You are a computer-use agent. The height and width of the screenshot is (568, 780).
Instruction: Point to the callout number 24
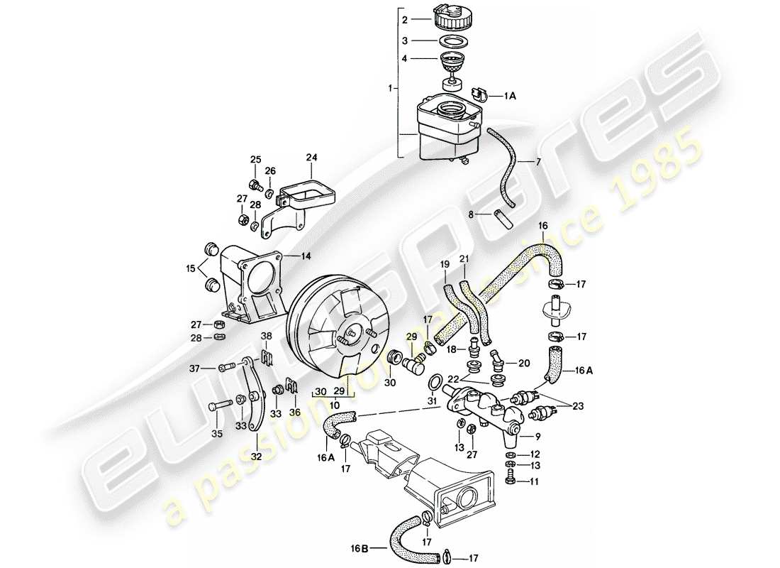click(311, 158)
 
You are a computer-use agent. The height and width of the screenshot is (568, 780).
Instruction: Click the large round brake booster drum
click(339, 334)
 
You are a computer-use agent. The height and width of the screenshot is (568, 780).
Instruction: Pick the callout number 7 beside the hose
click(537, 162)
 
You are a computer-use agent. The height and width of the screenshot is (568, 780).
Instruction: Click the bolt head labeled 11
click(511, 481)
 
